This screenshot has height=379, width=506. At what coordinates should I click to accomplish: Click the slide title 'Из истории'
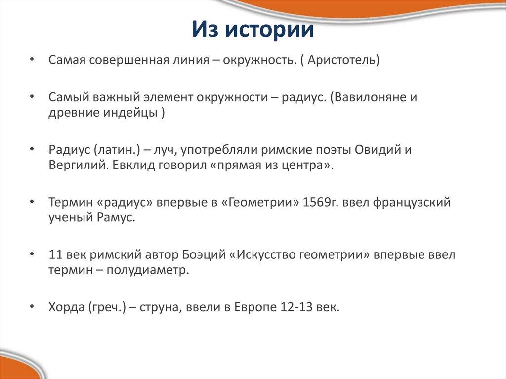253,30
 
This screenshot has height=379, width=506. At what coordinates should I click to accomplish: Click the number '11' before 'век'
55,255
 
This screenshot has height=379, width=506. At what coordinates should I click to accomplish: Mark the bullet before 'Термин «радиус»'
32,203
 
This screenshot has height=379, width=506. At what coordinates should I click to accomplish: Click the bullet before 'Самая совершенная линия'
32,61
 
